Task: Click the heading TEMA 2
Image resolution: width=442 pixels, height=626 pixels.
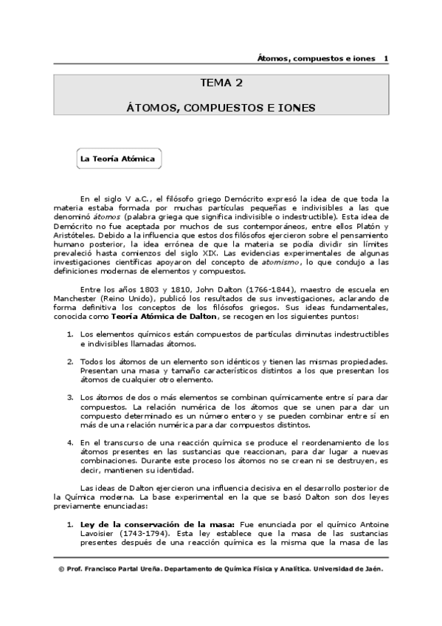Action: [x=221, y=83]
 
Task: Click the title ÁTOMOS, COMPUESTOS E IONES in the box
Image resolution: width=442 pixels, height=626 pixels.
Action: [x=221, y=108]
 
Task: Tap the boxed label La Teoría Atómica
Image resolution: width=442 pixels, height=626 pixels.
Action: [x=117, y=159]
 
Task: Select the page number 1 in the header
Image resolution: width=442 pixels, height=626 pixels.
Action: [x=387, y=58]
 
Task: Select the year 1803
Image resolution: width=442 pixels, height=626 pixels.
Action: [x=137, y=290]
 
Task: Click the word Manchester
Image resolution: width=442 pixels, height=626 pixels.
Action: [x=75, y=299]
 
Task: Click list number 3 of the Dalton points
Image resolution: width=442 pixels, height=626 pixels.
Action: [x=70, y=397]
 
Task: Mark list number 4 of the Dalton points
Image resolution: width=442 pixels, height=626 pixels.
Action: [x=70, y=442]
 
